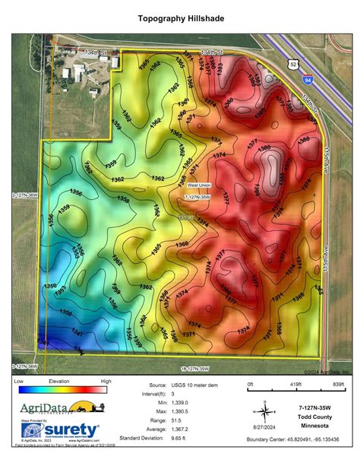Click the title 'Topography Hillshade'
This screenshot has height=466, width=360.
coord(181,17)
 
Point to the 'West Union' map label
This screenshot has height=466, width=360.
coord(198,185)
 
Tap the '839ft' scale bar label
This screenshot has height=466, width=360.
coord(337,385)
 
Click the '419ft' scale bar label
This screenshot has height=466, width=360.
coord(293,385)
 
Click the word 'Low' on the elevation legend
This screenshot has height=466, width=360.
coord(20,380)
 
